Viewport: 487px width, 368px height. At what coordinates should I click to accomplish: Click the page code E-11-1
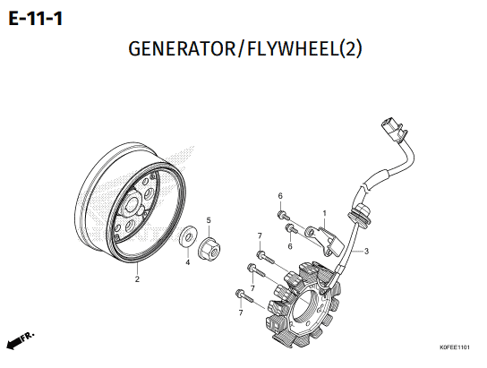point(36,19)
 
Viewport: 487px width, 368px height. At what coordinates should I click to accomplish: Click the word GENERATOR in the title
point(183,48)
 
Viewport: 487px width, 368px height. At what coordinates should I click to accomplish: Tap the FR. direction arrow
point(20,341)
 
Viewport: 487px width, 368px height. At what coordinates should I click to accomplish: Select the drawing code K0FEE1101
point(455,347)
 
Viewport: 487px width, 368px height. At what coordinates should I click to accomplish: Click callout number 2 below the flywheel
point(137,278)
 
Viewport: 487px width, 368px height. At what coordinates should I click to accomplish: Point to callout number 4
point(188,262)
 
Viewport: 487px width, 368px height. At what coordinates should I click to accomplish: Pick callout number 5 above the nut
point(209,220)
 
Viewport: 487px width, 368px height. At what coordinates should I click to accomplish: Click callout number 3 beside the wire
point(366,251)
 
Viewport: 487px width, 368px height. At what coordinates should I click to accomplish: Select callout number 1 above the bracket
point(325,213)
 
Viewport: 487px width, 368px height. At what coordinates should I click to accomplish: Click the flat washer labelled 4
point(188,237)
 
